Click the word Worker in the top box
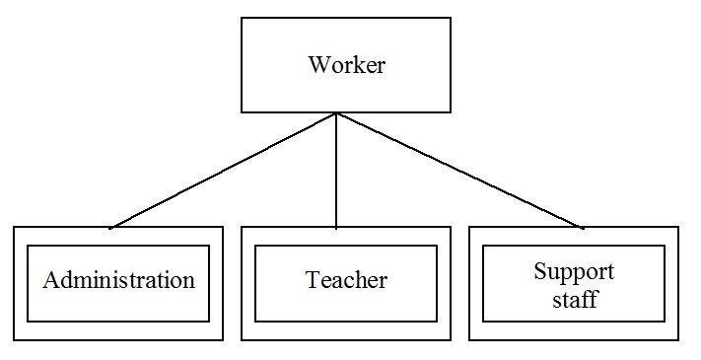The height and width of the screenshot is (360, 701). coord(346,64)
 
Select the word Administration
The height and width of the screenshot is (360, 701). coord(119,280)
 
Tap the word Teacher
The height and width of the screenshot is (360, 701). coord(346,280)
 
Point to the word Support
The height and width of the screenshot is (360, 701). coord(574,273)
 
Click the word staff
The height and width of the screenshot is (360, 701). coord(575,298)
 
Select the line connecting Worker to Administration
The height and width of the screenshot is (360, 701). coord(224,171)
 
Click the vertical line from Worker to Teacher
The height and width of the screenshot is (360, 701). coord(336,171)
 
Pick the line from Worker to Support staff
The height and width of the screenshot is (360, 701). coord(459,171)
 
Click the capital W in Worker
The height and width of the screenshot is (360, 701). coord(318,64)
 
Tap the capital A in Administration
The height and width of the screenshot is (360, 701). coord(51,280)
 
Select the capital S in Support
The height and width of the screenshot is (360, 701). coord(539,271)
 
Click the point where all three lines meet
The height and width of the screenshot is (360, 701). coord(336,113)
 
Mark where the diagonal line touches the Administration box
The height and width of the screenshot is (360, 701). coord(110,228)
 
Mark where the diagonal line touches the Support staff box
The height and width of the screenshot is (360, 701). coord(582,228)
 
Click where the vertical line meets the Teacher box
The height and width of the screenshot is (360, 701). coord(336,228)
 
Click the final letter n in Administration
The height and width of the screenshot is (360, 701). coord(189,283)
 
